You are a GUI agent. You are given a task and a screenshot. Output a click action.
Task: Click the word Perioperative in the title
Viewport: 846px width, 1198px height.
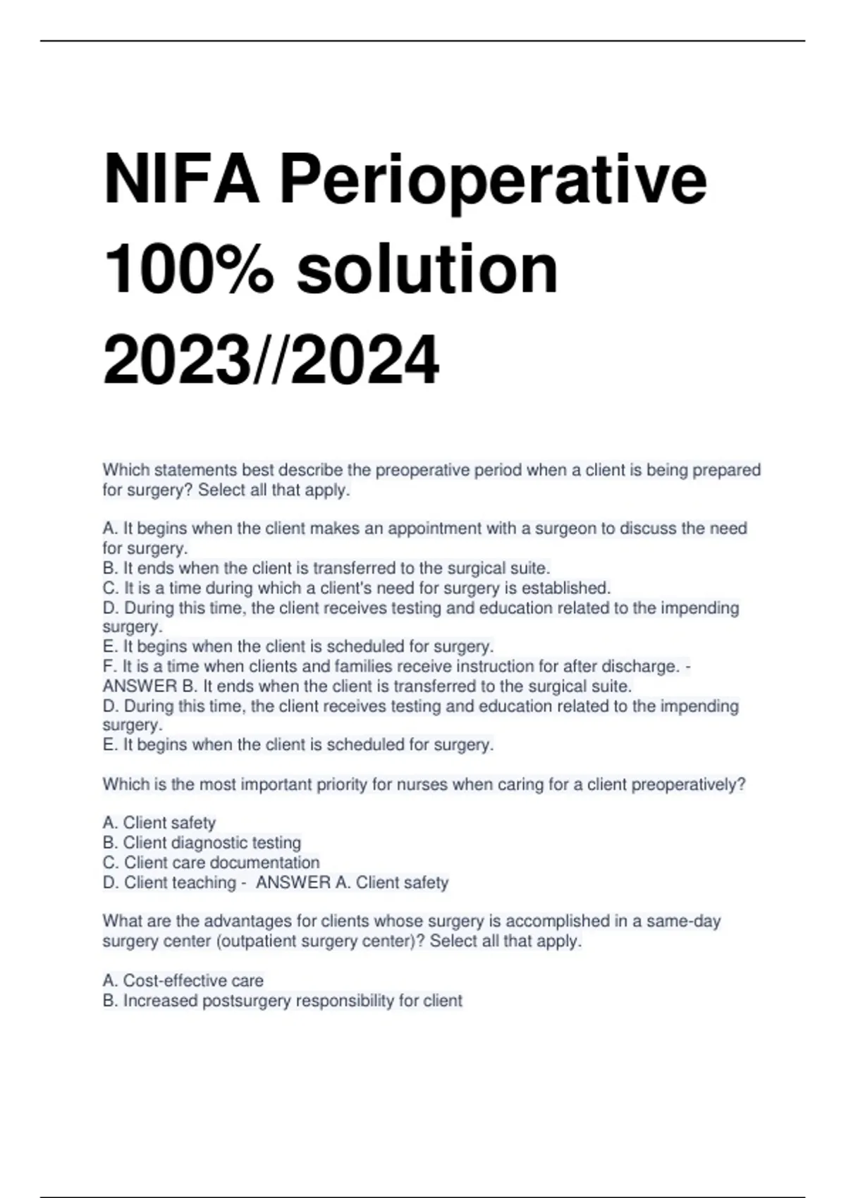pos(493,182)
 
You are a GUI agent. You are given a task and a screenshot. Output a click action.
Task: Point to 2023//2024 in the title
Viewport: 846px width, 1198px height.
pos(271,360)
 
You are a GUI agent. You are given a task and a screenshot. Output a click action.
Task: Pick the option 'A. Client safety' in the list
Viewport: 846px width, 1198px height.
pos(159,823)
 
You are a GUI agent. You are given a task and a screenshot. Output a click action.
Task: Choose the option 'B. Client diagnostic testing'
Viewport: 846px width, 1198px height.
pos(202,843)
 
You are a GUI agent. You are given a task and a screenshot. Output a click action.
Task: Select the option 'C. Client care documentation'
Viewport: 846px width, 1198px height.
pos(211,863)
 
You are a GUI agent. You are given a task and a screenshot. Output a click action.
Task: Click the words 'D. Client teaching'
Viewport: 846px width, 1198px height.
pos(169,882)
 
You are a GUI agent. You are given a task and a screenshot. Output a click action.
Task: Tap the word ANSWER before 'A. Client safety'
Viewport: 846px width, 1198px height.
pos(293,882)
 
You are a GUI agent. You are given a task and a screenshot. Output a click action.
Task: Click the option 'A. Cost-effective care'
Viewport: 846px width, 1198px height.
pos(183,980)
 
